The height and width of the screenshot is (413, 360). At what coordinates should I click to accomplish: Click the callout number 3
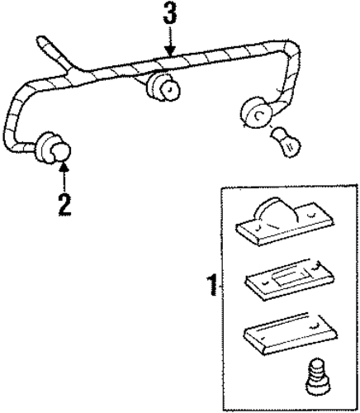[x=169, y=13]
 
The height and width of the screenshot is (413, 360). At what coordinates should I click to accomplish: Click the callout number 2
[x=65, y=205]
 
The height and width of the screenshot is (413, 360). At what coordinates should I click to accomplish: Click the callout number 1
[x=212, y=285]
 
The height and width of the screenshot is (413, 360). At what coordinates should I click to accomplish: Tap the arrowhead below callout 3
[x=170, y=50]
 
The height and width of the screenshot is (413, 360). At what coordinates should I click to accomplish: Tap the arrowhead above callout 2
[x=64, y=167]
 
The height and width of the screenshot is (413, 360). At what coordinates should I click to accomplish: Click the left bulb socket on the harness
[x=52, y=149]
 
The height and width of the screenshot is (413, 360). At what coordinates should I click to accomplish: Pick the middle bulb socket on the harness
[x=163, y=86]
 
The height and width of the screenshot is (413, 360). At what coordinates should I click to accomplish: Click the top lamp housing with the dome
[x=285, y=222]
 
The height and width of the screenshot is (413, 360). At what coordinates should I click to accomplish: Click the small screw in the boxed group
[x=317, y=377]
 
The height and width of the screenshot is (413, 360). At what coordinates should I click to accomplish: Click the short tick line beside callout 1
[x=220, y=287]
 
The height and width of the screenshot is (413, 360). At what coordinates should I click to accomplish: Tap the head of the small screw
[x=317, y=365]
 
